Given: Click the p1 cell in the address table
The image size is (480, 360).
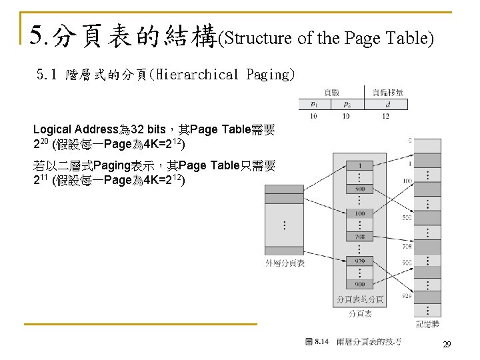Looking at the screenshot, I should [x=314, y=104].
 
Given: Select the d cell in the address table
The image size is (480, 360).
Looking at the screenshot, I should [x=387, y=104].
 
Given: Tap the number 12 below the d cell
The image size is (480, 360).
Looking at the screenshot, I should [x=387, y=116].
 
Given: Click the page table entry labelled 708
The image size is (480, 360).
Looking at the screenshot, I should [x=360, y=237].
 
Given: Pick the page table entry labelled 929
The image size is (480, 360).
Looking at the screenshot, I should [x=360, y=261].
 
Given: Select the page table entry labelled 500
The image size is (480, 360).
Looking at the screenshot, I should [x=360, y=189].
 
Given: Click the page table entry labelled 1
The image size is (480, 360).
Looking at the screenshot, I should [x=360, y=165].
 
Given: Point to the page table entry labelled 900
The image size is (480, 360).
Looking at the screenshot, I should [x=360, y=285].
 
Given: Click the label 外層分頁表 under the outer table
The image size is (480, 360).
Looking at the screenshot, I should [x=285, y=263].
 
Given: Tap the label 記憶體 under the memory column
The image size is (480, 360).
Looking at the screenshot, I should [x=427, y=324].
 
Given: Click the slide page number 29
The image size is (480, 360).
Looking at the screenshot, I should [x=447, y=345].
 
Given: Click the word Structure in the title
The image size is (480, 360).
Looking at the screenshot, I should [x=257, y=38].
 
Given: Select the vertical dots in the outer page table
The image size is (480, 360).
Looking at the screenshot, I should [x=285, y=225].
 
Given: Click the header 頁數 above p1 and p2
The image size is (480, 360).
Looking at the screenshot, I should [x=331, y=92].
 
